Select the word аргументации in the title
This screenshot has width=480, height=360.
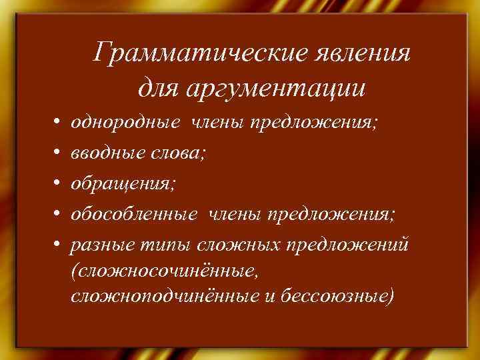[280, 87]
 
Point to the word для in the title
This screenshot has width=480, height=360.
[160, 87]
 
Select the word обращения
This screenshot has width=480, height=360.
[123, 183]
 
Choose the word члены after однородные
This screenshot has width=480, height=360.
[218, 123]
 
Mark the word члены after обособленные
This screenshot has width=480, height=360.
[237, 214]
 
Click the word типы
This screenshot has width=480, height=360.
[160, 244]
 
